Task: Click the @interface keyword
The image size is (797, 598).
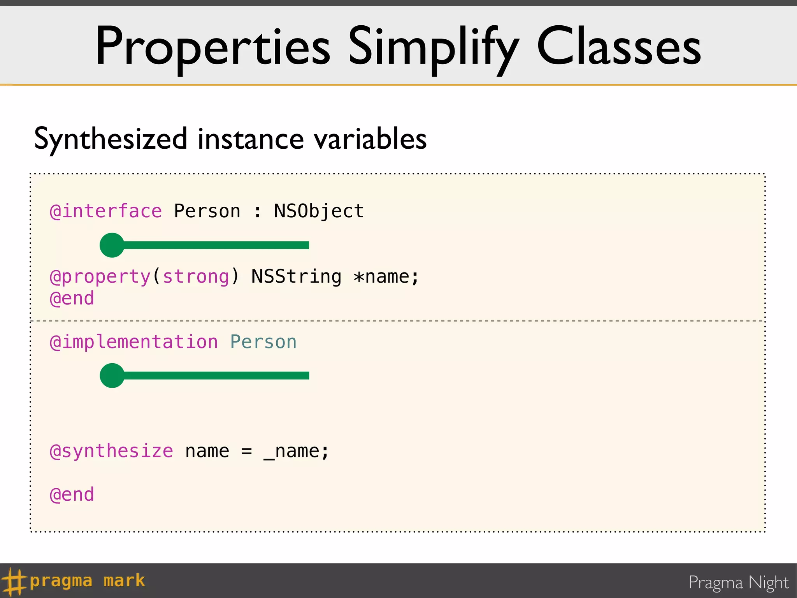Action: (105, 211)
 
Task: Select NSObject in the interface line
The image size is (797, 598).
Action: (319, 211)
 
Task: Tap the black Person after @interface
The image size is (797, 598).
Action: (207, 211)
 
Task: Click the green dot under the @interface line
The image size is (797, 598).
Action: (112, 245)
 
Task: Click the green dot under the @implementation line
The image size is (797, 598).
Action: (112, 376)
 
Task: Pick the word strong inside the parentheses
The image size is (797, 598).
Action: (196, 277)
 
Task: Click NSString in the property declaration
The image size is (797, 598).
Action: (296, 277)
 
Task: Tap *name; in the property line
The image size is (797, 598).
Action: (386, 277)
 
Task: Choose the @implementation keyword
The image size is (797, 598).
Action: (133, 342)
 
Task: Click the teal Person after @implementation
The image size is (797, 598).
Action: (263, 342)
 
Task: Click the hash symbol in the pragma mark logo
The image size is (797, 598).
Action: (14, 582)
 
